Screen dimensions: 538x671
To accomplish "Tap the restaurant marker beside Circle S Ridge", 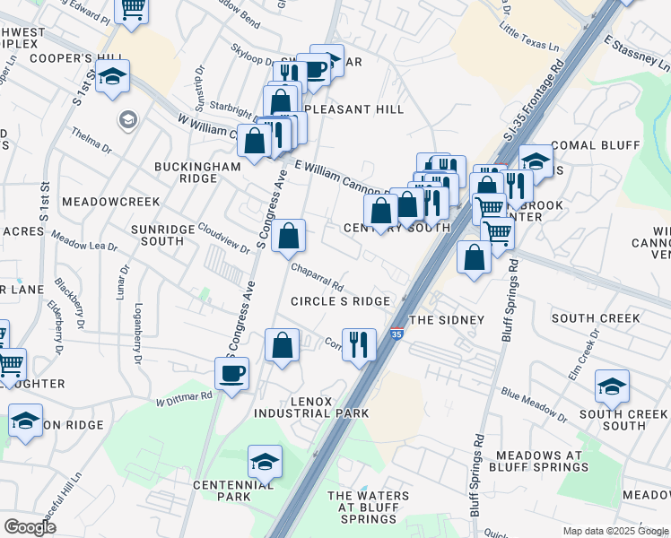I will click(359, 343).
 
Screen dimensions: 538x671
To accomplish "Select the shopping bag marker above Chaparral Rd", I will click(289, 237).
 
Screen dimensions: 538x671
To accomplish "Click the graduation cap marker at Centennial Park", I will click(265, 462).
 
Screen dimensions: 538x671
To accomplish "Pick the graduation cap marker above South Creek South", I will click(612, 386).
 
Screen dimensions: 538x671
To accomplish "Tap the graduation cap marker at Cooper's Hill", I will click(113, 77).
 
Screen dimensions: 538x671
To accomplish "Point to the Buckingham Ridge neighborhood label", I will click(185, 172).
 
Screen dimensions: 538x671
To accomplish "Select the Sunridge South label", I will click(163, 235).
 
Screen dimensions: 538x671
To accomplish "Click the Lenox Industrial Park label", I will click(311, 407).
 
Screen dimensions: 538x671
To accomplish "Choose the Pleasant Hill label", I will click(354, 109).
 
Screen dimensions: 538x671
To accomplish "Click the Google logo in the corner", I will click(30, 527).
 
